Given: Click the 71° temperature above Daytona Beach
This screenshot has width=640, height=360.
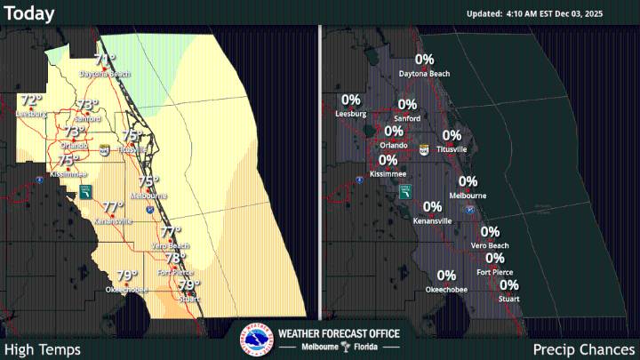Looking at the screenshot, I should [105, 60].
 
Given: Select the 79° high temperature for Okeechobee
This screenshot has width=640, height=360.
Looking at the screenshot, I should [127, 276].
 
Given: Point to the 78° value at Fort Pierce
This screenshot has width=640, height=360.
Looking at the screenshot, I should [175, 259].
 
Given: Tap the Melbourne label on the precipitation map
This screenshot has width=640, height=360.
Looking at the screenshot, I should [468, 195].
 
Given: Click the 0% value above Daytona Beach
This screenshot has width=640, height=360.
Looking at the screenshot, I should [425, 60].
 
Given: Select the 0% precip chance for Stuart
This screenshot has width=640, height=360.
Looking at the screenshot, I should [509, 285].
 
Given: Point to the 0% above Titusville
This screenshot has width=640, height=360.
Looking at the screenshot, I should [452, 136].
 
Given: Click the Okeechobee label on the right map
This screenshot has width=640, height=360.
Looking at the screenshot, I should [446, 290].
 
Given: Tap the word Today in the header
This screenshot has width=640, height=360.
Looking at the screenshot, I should [29, 13].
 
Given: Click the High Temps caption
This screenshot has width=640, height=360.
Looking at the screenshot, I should [43, 349].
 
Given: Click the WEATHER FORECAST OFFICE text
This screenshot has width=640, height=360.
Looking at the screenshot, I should [339, 333].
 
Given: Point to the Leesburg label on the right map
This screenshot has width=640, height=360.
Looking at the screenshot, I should [350, 114].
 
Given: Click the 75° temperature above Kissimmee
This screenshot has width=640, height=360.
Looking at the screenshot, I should [68, 161].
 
